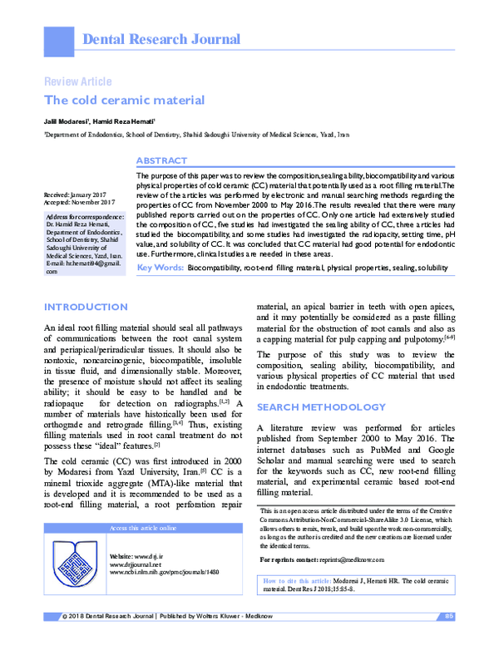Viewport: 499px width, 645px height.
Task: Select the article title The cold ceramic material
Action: click(x=124, y=101)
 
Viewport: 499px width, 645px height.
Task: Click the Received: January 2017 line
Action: click(x=81, y=194)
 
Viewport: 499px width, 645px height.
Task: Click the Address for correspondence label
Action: click(x=86, y=218)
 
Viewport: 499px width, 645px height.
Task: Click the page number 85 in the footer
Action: click(x=449, y=638)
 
